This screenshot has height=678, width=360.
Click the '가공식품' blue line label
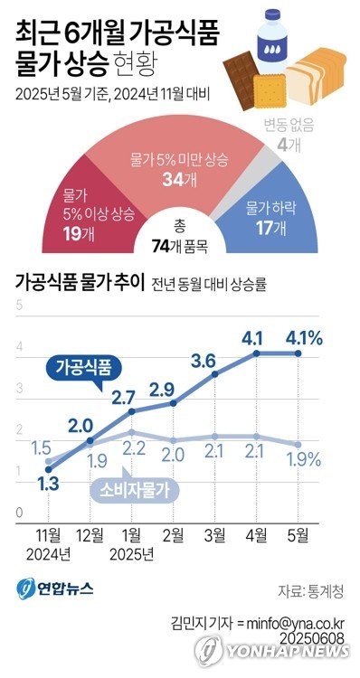[85, 368]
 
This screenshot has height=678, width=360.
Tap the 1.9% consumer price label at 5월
[304, 459]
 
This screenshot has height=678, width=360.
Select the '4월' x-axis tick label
[259, 534]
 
